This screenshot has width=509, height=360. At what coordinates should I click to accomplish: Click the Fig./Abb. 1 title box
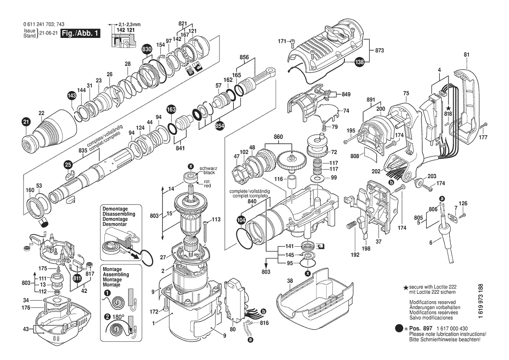(x=81, y=34)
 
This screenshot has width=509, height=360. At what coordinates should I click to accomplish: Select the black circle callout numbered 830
(x=147, y=50)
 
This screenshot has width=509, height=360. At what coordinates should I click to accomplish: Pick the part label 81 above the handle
(x=467, y=54)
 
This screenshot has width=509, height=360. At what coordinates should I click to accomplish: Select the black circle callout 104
(x=241, y=221)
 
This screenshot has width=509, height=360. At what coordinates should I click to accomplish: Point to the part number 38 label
(x=290, y=281)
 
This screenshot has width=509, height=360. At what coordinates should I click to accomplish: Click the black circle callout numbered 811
(x=77, y=278)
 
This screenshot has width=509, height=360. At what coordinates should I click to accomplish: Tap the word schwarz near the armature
(x=208, y=168)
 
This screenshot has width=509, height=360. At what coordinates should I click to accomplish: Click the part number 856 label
(x=244, y=57)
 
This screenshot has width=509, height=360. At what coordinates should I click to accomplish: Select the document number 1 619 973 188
(x=480, y=303)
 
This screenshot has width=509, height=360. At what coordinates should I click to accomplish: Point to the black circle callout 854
(x=219, y=125)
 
